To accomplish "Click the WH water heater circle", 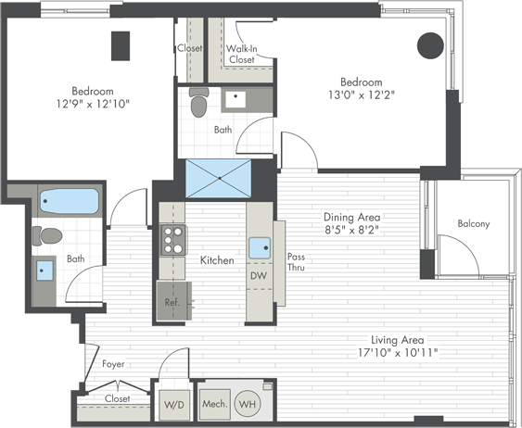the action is [248, 404].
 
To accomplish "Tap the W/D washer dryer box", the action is [174, 405].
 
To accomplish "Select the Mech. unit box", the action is [215, 404].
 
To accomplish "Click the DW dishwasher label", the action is [259, 275].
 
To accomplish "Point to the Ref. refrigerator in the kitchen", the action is [173, 301].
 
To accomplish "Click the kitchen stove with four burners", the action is [173, 240].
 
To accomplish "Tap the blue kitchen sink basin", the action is [260, 248].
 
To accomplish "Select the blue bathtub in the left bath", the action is [70, 201].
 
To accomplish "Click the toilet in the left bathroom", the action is [47, 236].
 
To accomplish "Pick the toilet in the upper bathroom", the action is [198, 102].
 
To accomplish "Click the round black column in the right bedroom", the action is [430, 45].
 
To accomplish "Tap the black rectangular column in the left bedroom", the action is [121, 46].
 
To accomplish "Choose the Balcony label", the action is [474, 223].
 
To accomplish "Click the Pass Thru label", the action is [296, 262].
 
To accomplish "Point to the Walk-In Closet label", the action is [242, 54].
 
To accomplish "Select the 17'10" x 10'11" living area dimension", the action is [397, 352].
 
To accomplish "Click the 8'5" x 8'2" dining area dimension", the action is [352, 230].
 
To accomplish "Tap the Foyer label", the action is [113, 364].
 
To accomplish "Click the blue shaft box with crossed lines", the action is [219, 179].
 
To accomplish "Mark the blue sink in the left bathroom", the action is [45, 271].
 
